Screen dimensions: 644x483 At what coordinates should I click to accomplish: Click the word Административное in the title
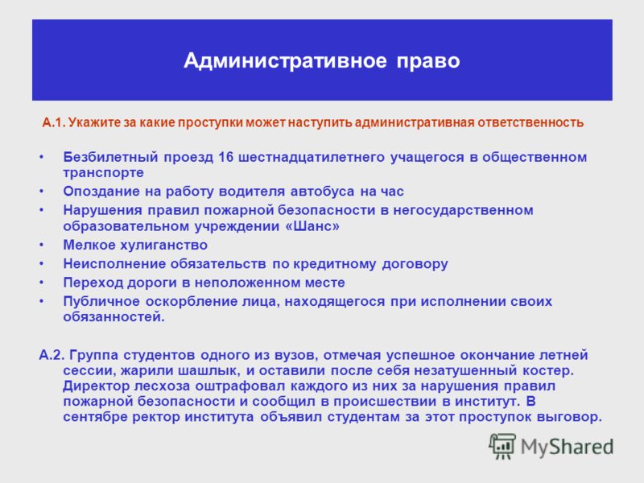(x=285, y=61)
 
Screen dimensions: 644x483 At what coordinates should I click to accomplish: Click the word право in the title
(x=428, y=62)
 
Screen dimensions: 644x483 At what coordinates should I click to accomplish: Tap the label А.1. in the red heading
(x=53, y=122)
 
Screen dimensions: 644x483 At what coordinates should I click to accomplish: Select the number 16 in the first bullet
(x=225, y=157)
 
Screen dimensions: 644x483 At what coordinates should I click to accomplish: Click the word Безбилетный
(x=110, y=157)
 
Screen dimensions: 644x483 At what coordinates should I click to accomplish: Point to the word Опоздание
(x=106, y=192)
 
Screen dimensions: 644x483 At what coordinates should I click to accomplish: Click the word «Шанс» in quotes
(x=312, y=226)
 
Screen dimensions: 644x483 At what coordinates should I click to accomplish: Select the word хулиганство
(x=163, y=246)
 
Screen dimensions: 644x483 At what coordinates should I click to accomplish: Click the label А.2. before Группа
(x=52, y=355)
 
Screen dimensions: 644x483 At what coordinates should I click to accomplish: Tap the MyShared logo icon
(x=502, y=446)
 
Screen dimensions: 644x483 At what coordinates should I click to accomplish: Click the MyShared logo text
(x=567, y=447)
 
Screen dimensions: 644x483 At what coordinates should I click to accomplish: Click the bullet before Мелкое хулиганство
(x=42, y=246)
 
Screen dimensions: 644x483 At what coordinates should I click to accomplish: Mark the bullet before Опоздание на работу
(x=42, y=192)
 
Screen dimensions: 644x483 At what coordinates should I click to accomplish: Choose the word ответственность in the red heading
(x=530, y=122)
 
